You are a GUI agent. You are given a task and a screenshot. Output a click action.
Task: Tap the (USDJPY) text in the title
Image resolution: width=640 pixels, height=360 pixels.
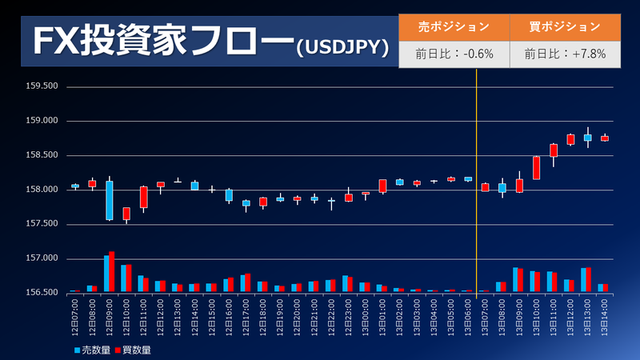click(x=342, y=49)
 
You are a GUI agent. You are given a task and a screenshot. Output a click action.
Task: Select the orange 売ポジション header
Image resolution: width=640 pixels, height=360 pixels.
click(x=454, y=26)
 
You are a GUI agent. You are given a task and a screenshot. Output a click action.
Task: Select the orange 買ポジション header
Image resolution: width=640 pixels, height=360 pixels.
click(x=564, y=26)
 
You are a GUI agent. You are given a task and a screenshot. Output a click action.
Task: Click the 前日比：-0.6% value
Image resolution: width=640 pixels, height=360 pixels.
click(x=454, y=54)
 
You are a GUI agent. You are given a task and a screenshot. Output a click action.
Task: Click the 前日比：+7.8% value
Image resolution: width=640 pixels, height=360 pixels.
click(x=564, y=54)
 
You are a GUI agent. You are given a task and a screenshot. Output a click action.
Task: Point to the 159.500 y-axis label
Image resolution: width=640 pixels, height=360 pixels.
click(x=42, y=86)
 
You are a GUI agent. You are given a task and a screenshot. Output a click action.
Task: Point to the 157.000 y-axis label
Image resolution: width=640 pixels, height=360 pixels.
click(x=42, y=258)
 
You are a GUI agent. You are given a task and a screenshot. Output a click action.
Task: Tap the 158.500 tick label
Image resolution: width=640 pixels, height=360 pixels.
click(x=42, y=155)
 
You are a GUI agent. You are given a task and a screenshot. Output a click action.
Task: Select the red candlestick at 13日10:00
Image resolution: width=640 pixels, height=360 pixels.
click(x=536, y=167)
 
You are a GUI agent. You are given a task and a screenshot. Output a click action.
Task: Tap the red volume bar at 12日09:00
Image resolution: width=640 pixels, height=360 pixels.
click(x=112, y=271)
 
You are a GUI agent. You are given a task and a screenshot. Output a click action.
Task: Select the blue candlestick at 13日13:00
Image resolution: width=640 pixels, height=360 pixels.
click(x=587, y=138)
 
